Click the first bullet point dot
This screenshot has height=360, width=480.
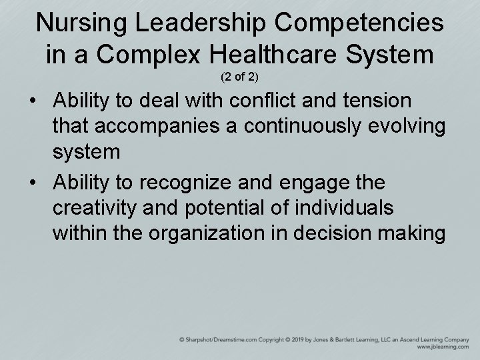tap(33, 103)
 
